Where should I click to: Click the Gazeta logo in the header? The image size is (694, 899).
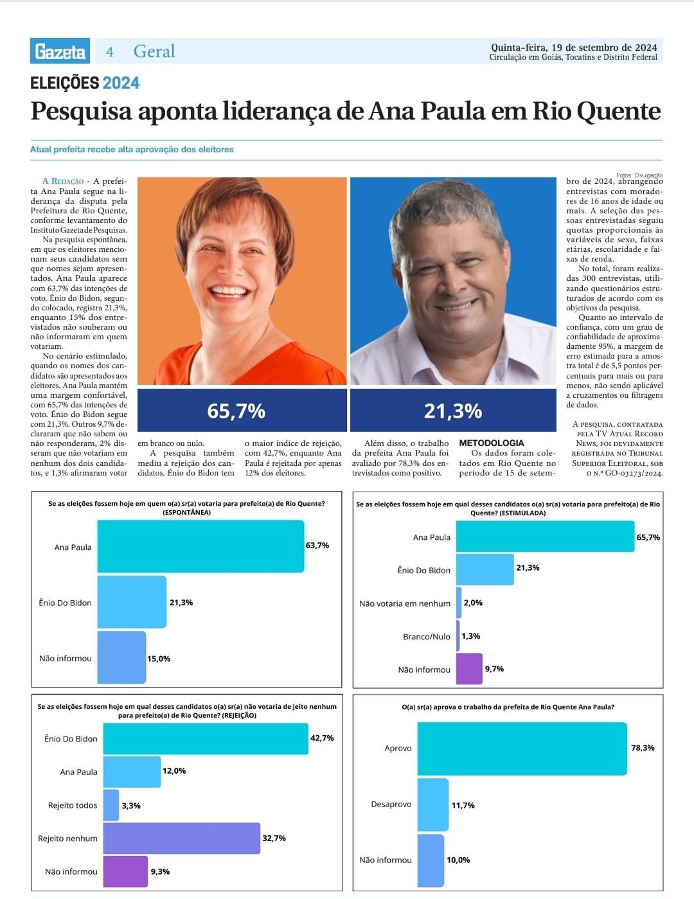click(x=60, y=51)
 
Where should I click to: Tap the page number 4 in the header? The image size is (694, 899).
click(x=110, y=52)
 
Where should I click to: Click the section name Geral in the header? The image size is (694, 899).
click(x=154, y=51)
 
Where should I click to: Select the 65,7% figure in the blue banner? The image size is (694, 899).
click(x=236, y=411)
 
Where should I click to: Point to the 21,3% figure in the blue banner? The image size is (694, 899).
click(x=452, y=411)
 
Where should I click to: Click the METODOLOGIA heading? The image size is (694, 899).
click(x=491, y=443)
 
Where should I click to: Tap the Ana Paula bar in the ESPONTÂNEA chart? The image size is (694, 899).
click(x=200, y=546)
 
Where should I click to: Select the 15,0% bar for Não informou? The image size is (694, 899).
click(x=121, y=657)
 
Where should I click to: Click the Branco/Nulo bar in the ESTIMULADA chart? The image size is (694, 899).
click(x=458, y=636)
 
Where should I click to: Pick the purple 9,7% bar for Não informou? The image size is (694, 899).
click(x=469, y=669)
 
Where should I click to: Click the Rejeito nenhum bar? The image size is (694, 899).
click(x=181, y=838)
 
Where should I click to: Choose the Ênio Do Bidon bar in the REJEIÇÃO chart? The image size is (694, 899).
click(x=206, y=738)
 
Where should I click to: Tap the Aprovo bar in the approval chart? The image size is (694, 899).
click(x=522, y=748)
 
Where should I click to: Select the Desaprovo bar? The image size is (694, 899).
click(x=433, y=805)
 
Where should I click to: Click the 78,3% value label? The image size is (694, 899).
click(x=643, y=748)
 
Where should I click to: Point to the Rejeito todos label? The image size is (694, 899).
click(x=73, y=805)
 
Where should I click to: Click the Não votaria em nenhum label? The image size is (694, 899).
click(x=405, y=603)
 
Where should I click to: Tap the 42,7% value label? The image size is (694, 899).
click(x=322, y=738)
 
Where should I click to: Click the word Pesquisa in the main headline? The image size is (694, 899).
click(x=81, y=111)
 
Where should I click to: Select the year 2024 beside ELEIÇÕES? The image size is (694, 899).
click(x=121, y=83)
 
